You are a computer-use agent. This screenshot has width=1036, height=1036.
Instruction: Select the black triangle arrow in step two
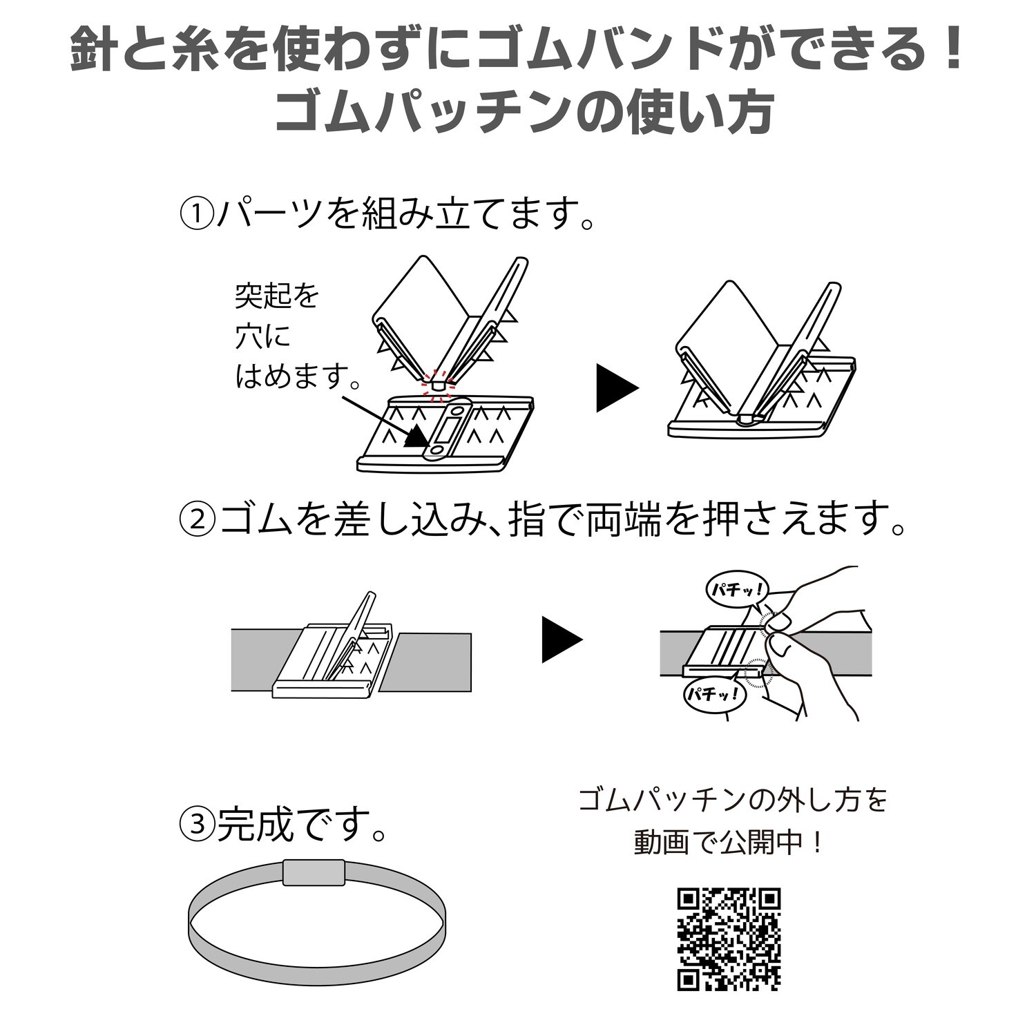pyautogui.click(x=560, y=640)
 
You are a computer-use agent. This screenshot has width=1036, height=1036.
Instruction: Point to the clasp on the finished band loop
pyautogui.click(x=314, y=872)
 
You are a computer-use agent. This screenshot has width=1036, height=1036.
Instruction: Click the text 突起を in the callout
pyautogui.click(x=277, y=297)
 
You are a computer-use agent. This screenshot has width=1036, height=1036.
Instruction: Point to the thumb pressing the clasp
pyautogui.click(x=780, y=624)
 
